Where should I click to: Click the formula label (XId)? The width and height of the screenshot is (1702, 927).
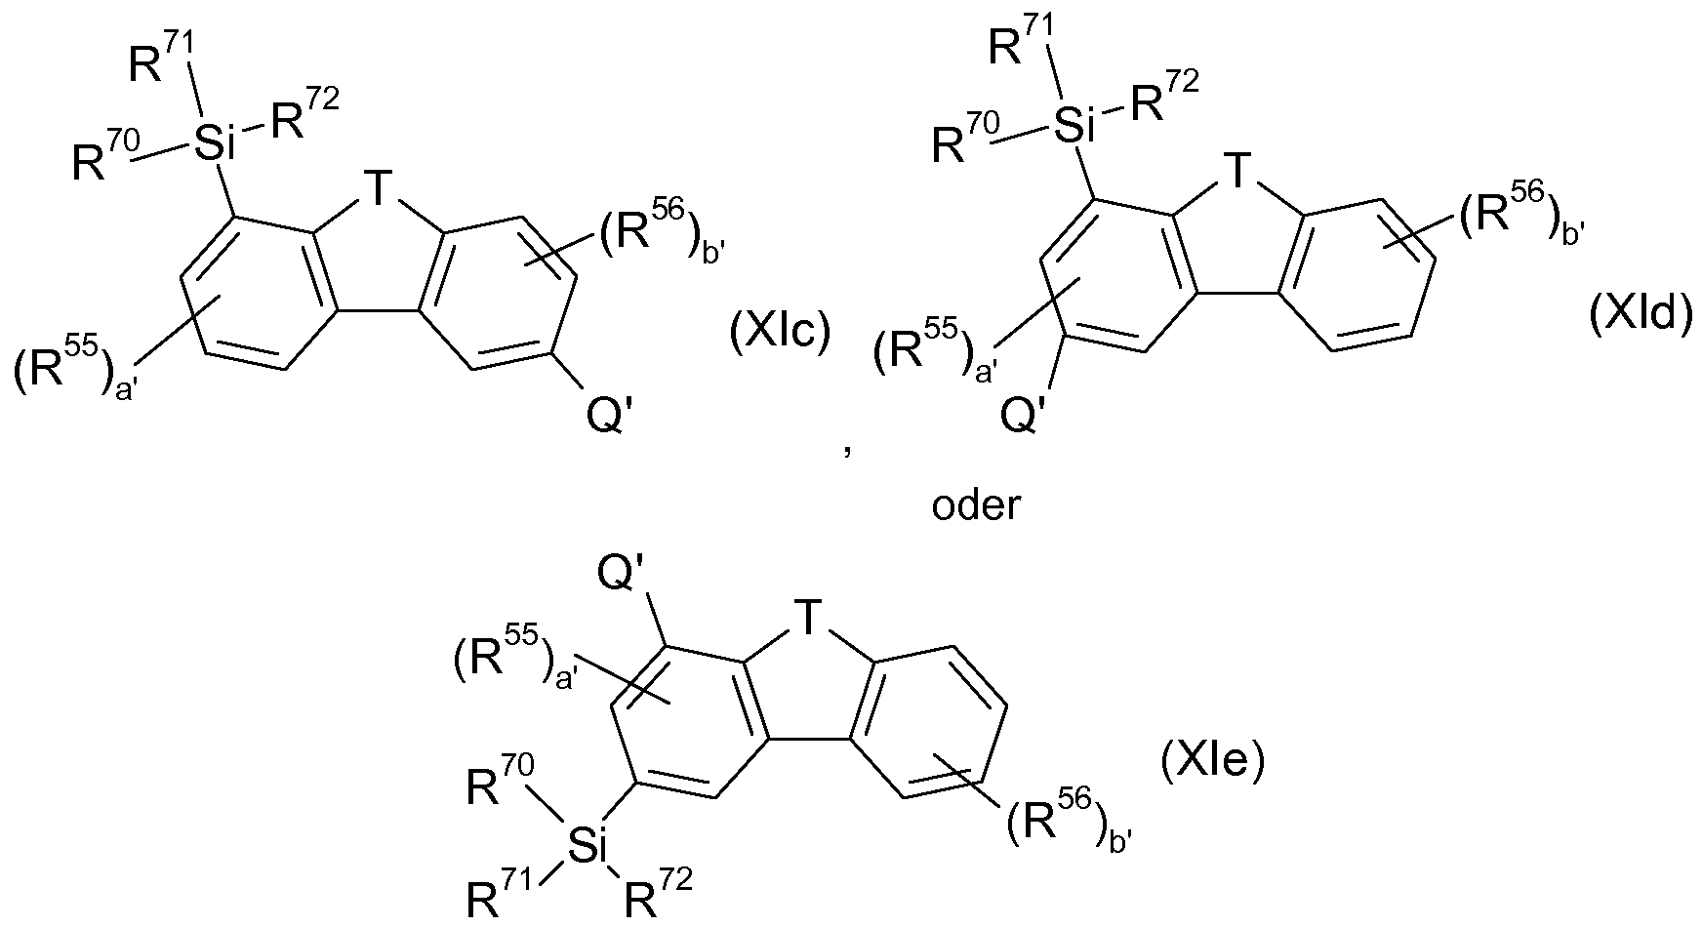coord(1641,318)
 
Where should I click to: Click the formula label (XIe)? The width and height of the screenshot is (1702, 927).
coord(1212,761)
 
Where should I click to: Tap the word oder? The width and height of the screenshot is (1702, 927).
coord(976,507)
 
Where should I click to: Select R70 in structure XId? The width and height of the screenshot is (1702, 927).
coord(967,139)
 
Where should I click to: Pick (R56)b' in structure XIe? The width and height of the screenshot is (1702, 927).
coord(1069,826)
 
